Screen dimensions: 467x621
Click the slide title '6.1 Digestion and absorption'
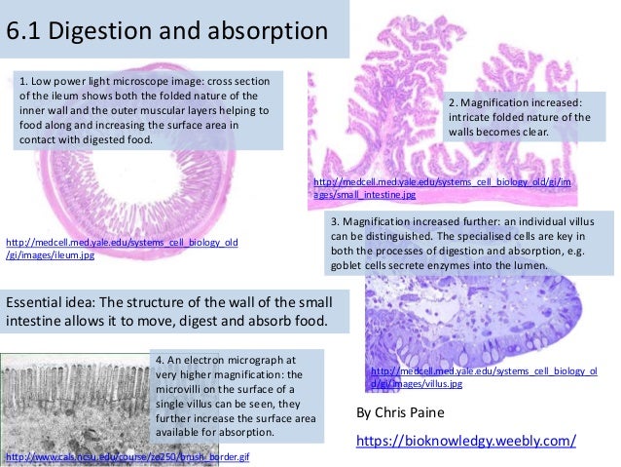pyautogui.click(x=166, y=32)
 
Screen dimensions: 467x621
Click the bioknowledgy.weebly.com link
pyautogui.click(x=465, y=441)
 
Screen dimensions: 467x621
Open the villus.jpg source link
pyautogui.click(x=483, y=377)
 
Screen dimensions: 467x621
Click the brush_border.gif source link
pyautogui.click(x=128, y=456)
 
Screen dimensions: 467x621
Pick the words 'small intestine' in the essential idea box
pyautogui.click(x=302, y=300)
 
